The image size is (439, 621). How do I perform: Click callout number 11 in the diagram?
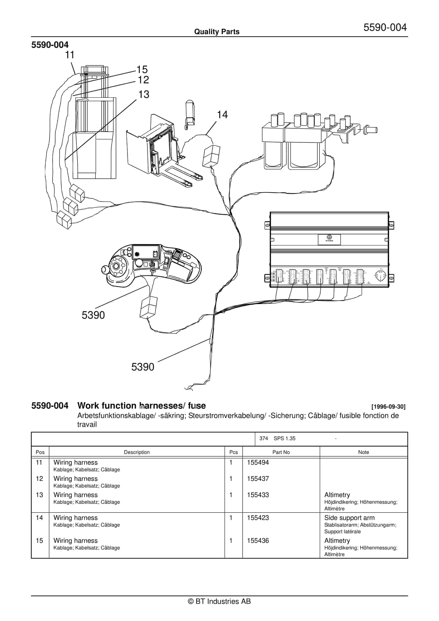click(70, 55)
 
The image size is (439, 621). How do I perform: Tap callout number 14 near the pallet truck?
click(222, 115)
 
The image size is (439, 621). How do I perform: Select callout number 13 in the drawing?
click(144, 94)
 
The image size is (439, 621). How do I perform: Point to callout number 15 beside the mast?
click(142, 70)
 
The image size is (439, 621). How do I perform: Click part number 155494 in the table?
click(258, 462)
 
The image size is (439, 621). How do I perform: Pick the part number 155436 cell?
click(258, 541)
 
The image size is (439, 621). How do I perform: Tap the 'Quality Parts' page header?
click(217, 32)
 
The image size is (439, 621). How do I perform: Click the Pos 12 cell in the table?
click(39, 478)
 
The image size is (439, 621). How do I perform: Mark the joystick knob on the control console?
click(104, 269)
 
